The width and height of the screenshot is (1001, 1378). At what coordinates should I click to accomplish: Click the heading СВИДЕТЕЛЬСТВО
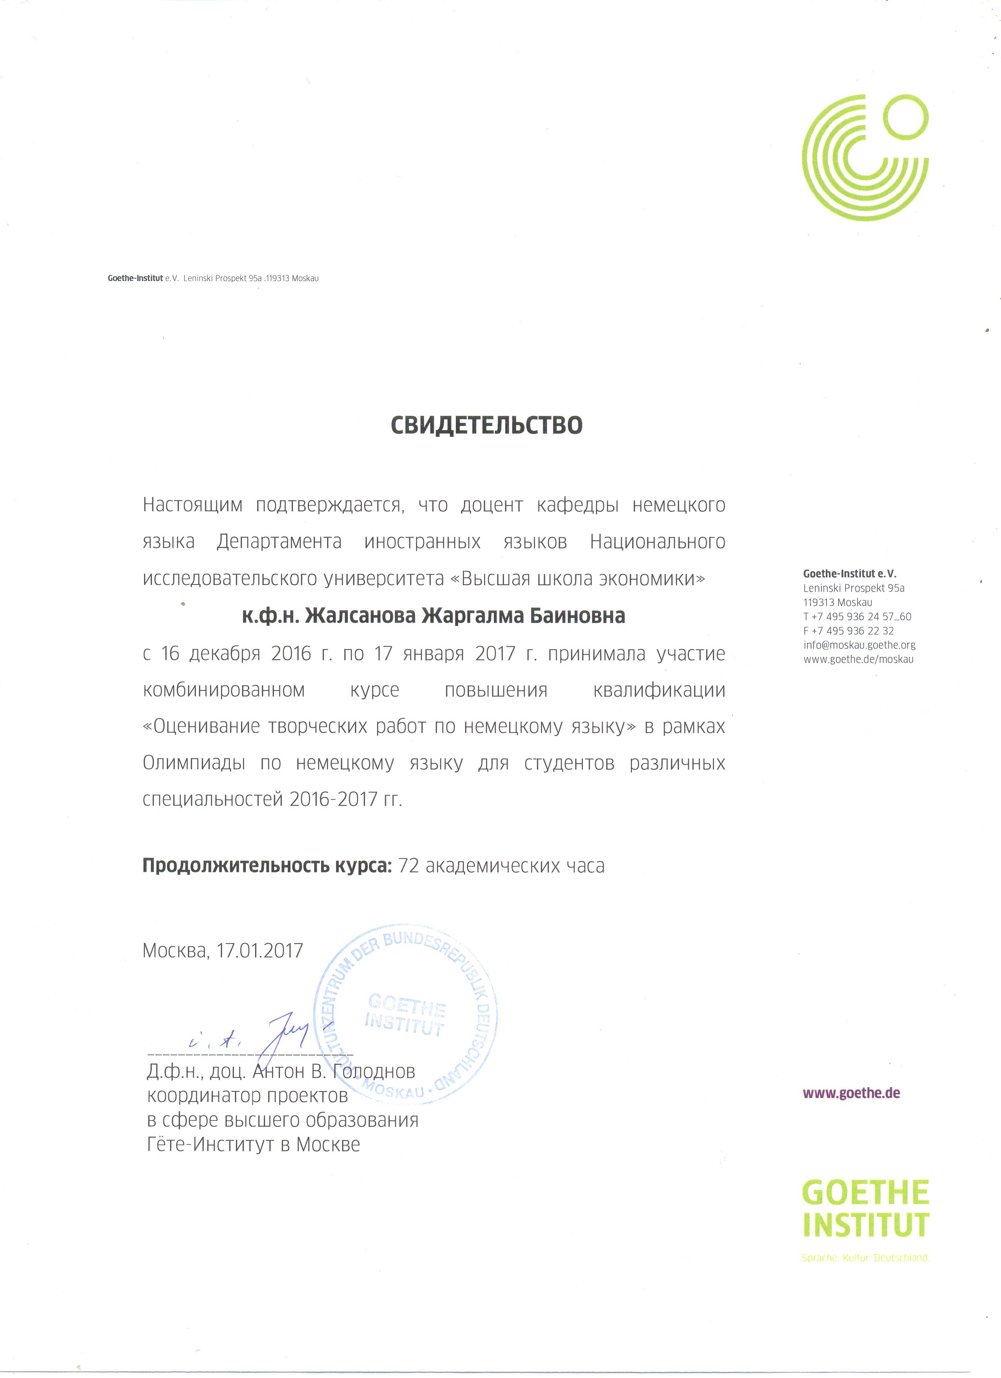[x=486, y=425]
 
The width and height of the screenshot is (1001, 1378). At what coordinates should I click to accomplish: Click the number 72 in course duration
[x=408, y=866]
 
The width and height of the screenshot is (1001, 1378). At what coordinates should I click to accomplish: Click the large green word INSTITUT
[x=866, y=1226]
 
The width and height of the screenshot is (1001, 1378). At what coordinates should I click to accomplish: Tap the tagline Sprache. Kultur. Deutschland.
[x=865, y=1258]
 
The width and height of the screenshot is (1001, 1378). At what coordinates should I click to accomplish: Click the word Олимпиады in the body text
[x=194, y=763]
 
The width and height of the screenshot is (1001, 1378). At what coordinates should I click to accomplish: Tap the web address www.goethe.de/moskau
[x=858, y=659]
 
